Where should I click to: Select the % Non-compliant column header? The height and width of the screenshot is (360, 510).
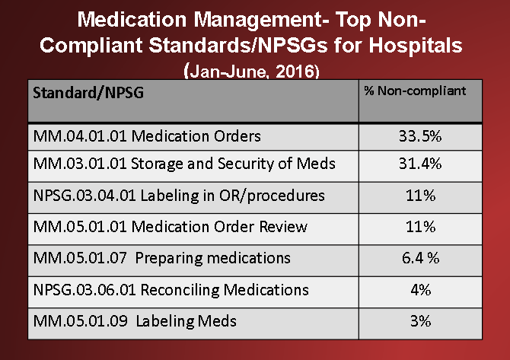419,91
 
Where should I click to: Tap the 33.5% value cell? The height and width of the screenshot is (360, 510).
419,136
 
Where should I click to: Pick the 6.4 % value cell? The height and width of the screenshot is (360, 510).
419,258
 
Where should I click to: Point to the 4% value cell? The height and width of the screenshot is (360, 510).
419,290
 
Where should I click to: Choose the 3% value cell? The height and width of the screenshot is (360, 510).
419,321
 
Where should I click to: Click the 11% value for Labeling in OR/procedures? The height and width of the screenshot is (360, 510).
419,196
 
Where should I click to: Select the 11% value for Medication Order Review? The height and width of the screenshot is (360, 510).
419,227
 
